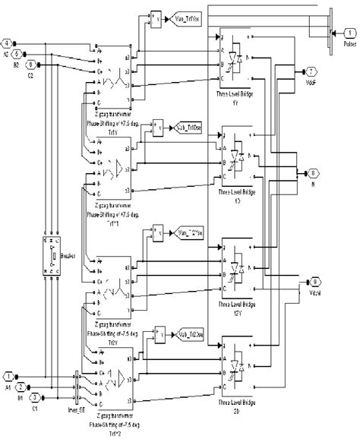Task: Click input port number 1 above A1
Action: tap(9, 375)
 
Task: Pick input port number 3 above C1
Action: tap(32, 396)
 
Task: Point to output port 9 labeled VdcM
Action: tap(312, 283)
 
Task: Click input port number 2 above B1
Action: tap(21, 386)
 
